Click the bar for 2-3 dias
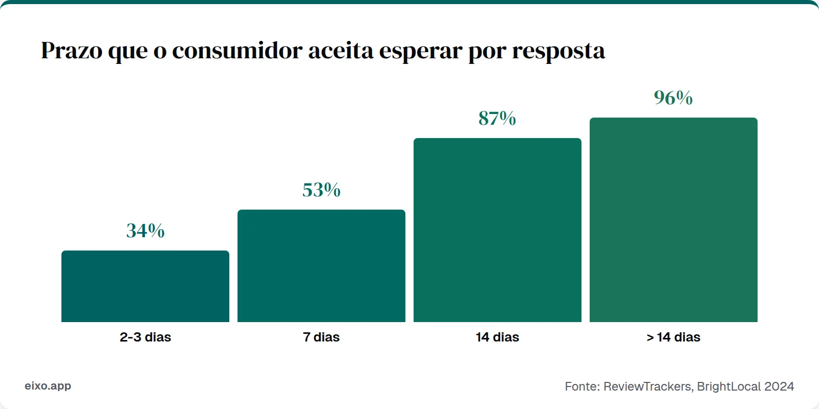click(x=145, y=286)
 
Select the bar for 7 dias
click(x=321, y=266)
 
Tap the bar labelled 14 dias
click(x=498, y=230)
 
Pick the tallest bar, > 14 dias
click(x=674, y=220)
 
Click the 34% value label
click(x=145, y=231)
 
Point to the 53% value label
click(x=321, y=190)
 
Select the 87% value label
click(x=498, y=118)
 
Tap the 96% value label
click(x=674, y=98)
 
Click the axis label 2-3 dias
click(x=145, y=337)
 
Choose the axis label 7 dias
click(x=321, y=337)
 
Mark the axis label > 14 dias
click(x=674, y=337)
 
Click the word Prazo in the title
click(x=71, y=51)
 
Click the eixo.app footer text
click(x=48, y=386)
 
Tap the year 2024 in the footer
click(x=779, y=387)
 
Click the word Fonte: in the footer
click(x=582, y=387)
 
